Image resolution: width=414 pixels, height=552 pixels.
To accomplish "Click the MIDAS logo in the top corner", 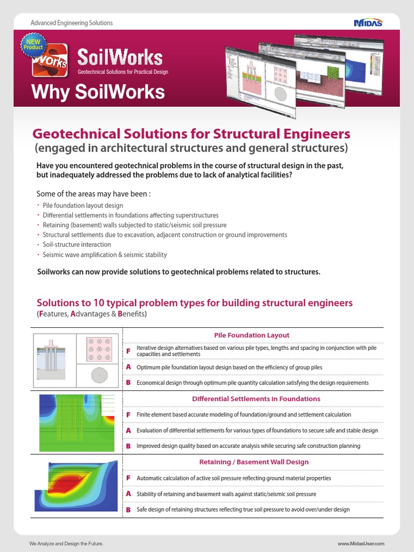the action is pyautogui.click(x=368, y=23).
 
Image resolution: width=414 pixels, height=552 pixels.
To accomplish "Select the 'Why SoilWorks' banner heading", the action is pyautogui.click(x=98, y=92).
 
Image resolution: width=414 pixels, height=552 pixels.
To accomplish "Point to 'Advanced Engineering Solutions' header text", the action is pyautogui.click(x=72, y=23).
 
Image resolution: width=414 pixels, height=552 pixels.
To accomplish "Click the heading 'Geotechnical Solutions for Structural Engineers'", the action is pyautogui.click(x=191, y=134).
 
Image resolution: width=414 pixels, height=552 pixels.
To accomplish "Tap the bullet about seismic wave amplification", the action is pyautogui.click(x=105, y=254).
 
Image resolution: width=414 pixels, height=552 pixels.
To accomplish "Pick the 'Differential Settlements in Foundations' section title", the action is pyautogui.click(x=256, y=399).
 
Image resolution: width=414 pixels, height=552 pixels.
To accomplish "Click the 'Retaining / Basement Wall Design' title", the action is pyautogui.click(x=254, y=462).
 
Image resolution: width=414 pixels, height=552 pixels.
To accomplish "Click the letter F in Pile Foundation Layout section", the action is pyautogui.click(x=128, y=351).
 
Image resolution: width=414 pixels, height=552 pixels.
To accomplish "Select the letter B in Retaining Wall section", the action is pyautogui.click(x=128, y=509).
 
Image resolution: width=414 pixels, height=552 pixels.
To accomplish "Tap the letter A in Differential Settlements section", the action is pyautogui.click(x=128, y=431).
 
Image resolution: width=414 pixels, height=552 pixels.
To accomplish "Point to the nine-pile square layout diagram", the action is pyautogui.click(x=99, y=349).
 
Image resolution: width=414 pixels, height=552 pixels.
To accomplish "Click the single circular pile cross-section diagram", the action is pyautogui.click(x=99, y=375).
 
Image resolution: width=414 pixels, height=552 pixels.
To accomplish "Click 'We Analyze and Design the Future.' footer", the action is pyautogui.click(x=66, y=544).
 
